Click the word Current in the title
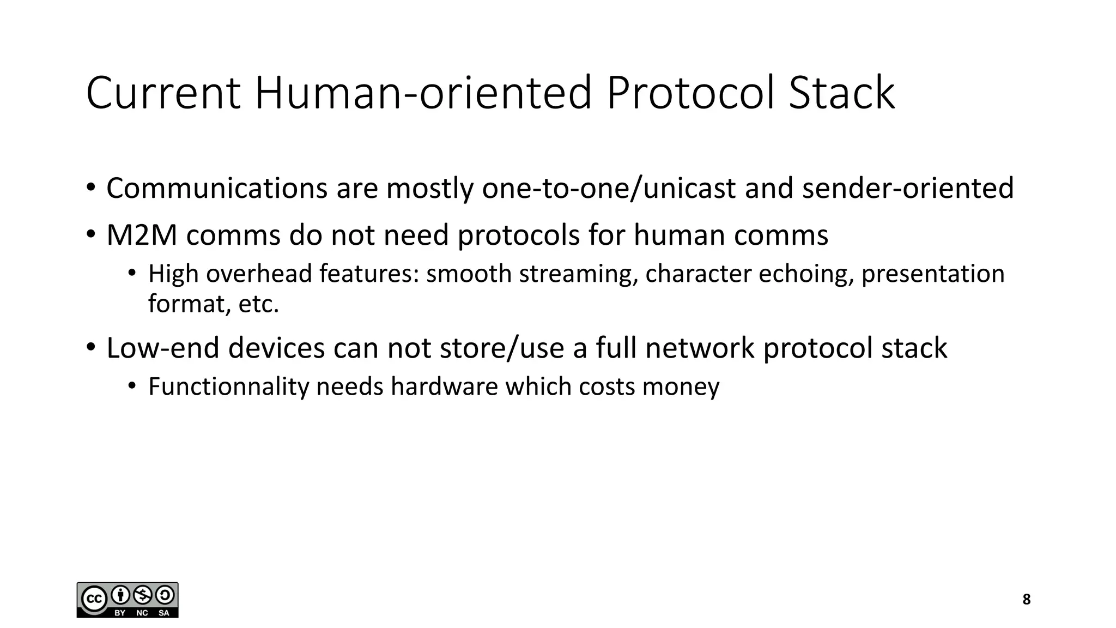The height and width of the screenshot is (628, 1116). pos(163,93)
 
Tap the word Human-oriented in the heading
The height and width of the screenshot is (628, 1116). pos(423,93)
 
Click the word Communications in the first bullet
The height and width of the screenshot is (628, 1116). pos(216,189)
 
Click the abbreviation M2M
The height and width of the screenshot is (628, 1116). pos(142,235)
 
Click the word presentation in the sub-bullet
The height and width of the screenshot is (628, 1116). pos(933,274)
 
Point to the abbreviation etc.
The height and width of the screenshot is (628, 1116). pos(259,304)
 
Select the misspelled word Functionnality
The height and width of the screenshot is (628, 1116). pos(228,387)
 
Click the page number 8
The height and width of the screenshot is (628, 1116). pos(1027,600)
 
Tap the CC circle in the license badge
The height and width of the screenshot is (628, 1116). pos(94,600)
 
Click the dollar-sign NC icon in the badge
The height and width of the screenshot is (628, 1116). pos(143,595)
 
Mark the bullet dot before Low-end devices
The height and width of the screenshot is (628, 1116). pos(90,347)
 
